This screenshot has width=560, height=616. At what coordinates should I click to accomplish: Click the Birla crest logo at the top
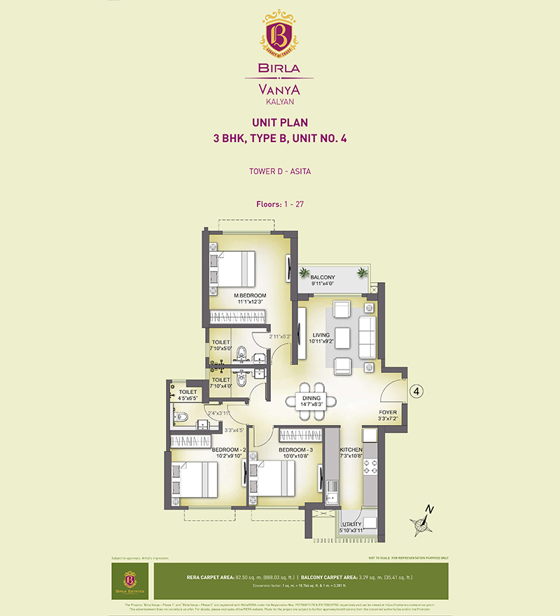point(279,33)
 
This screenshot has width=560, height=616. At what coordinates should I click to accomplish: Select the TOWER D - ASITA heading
point(279,170)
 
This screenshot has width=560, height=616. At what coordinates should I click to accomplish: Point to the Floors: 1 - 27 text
point(279,204)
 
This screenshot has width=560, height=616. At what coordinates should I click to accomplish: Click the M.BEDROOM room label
point(250,295)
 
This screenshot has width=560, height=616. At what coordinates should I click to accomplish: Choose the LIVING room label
point(322,335)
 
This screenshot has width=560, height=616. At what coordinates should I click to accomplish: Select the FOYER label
point(388,412)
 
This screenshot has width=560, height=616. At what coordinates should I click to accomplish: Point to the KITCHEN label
point(352,450)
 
